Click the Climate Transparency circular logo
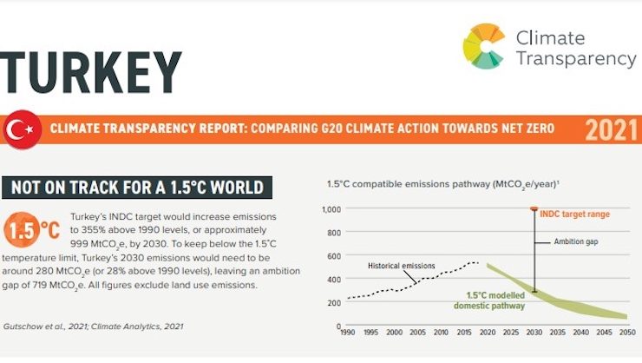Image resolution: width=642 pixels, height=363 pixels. [x=483, y=46]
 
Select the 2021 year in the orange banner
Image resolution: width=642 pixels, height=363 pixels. [x=611, y=130]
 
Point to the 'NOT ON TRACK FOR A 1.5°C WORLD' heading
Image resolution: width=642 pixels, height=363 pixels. [x=137, y=187]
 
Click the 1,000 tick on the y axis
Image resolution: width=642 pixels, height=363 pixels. [x=331, y=209]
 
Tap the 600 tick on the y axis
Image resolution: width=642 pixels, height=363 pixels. [x=334, y=255]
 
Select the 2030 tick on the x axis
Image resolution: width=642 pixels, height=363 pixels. [x=534, y=333]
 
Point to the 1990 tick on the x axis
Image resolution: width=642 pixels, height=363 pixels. [x=347, y=333]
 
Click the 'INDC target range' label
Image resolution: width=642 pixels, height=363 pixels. [x=574, y=213]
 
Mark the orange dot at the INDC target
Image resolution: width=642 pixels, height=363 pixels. [x=534, y=209]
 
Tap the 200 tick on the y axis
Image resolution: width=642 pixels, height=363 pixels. [x=334, y=302]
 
